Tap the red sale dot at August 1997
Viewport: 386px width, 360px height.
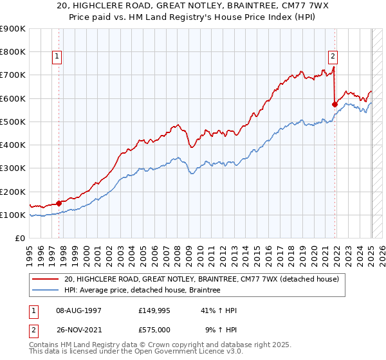59,203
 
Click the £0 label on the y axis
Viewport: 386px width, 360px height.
20,239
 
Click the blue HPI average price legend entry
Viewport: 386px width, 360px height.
142,291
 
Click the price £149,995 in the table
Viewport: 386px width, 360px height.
154,310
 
